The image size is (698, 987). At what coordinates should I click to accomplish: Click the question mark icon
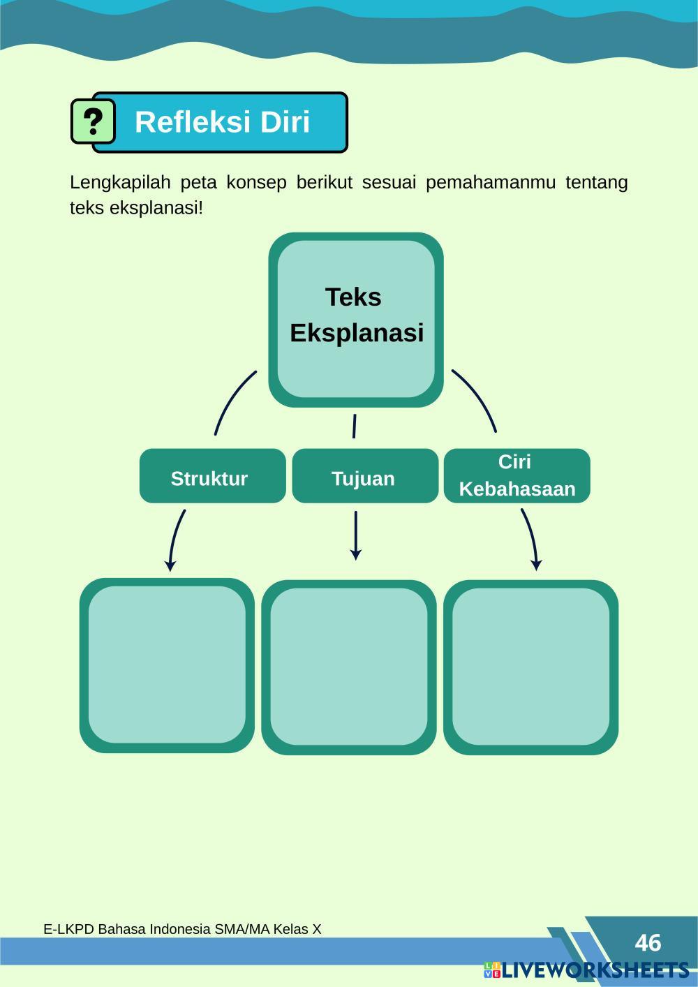93,121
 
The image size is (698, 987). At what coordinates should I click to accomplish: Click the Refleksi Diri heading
222,122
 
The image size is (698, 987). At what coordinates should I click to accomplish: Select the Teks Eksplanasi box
356,319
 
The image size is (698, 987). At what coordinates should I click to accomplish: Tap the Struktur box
212,476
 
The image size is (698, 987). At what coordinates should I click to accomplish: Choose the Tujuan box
364,476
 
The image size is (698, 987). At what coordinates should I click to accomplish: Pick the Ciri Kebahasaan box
517,476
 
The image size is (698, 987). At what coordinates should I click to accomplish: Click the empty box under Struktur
167,665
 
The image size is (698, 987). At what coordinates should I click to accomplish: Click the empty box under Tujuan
349,667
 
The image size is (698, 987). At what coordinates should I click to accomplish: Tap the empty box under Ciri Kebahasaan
531,667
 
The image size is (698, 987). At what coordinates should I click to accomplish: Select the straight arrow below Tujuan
356,536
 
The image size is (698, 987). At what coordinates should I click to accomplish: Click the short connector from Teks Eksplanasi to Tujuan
355,426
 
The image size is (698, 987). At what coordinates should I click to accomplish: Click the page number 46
648,943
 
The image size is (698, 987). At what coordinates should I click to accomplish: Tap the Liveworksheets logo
586,970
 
